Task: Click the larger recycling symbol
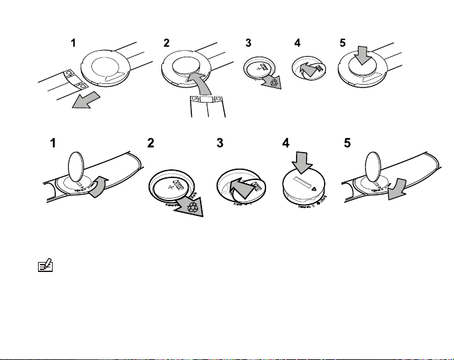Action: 193,206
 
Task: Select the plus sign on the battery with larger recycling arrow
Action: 175,189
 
